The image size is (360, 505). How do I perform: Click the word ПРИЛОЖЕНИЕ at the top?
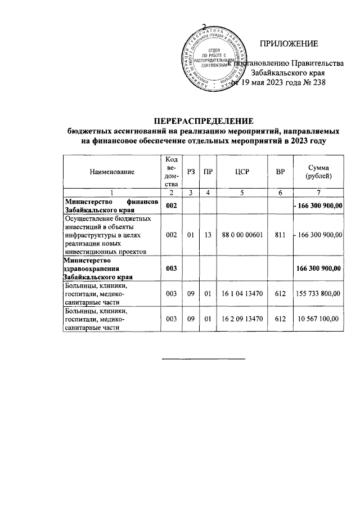coord(289,44)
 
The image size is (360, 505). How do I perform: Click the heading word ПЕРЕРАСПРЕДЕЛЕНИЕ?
coord(205,120)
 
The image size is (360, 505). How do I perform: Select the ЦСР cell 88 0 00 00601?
coord(242,234)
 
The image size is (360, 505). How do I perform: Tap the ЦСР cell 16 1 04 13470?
coord(242,294)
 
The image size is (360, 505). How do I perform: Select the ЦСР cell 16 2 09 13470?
coord(242,319)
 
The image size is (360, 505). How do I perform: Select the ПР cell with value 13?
coord(208,234)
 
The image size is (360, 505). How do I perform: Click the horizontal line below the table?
coord(204,358)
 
